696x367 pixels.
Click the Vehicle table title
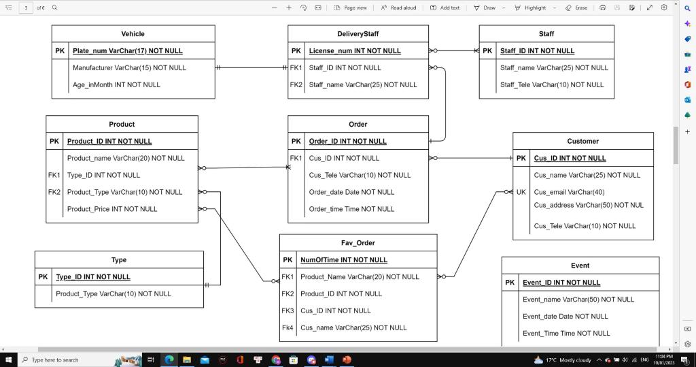click(x=133, y=33)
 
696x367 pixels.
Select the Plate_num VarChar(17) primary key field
click(x=128, y=50)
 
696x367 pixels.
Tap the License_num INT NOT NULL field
click(x=355, y=50)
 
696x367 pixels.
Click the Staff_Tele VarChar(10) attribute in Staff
click(x=552, y=84)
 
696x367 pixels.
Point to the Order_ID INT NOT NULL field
click(x=347, y=141)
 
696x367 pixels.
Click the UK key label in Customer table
click(x=521, y=192)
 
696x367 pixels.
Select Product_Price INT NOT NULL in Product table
click(x=112, y=209)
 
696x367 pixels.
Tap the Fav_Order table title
click(x=358, y=242)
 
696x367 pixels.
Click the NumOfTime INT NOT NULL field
click(x=344, y=259)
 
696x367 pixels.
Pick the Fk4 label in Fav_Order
click(x=288, y=328)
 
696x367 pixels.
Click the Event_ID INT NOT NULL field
click(x=561, y=282)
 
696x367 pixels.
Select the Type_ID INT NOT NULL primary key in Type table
click(x=93, y=276)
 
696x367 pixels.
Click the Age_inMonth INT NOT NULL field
click(x=116, y=84)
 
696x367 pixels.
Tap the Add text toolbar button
click(x=445, y=7)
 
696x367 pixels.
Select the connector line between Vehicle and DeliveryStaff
click(x=251, y=67)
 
